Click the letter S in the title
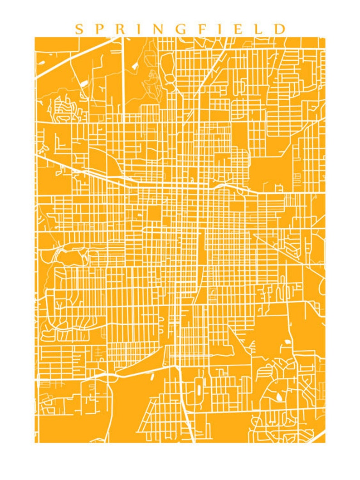click(79, 29)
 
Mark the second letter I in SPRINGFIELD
click(221, 29)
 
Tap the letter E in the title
click(238, 29)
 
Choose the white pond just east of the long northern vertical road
click(135, 65)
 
